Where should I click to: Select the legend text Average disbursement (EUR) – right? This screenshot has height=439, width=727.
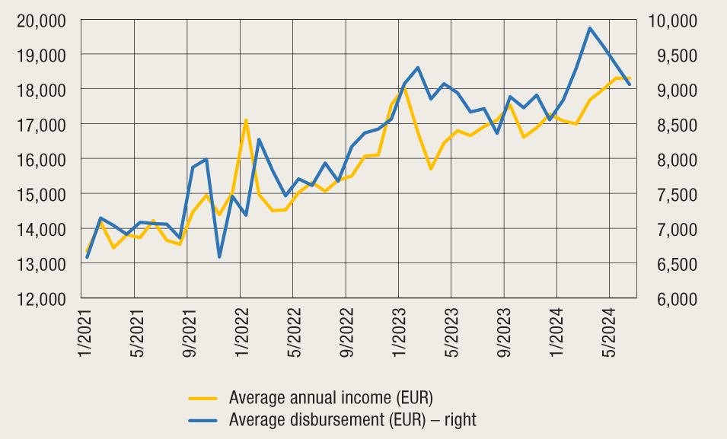352,419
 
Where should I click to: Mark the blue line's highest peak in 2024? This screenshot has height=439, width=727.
590,28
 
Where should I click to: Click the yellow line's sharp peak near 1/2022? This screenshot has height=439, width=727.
245,119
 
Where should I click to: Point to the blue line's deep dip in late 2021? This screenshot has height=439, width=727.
219,256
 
